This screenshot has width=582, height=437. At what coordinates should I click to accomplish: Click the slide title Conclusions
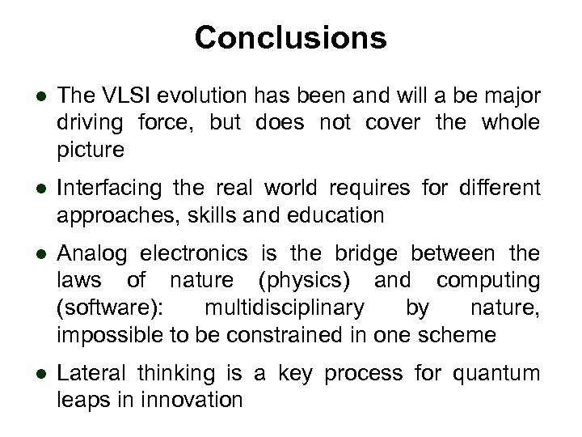[291, 37]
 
